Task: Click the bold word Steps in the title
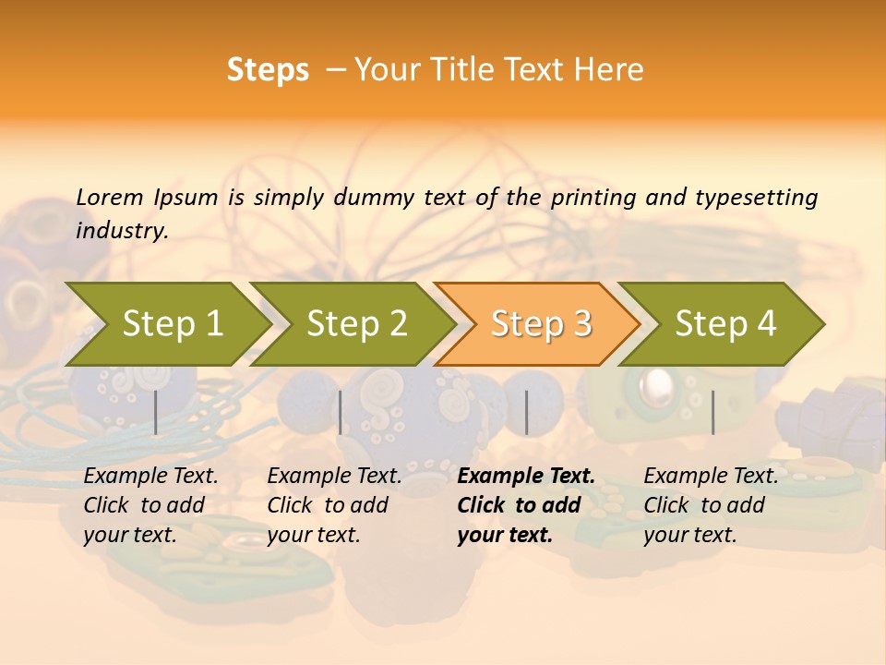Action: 268,70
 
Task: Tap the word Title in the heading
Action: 457,70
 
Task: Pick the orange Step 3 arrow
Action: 541,324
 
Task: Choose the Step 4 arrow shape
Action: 725,324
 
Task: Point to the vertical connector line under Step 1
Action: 156,412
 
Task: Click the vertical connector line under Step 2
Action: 341,412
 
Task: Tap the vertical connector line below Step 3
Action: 526,412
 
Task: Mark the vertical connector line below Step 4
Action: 712,412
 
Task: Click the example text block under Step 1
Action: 150,505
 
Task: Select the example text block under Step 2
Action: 334,505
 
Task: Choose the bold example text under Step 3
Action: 526,505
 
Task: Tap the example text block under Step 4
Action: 711,505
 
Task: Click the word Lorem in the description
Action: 109,197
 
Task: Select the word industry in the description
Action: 121,231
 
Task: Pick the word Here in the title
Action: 609,70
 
